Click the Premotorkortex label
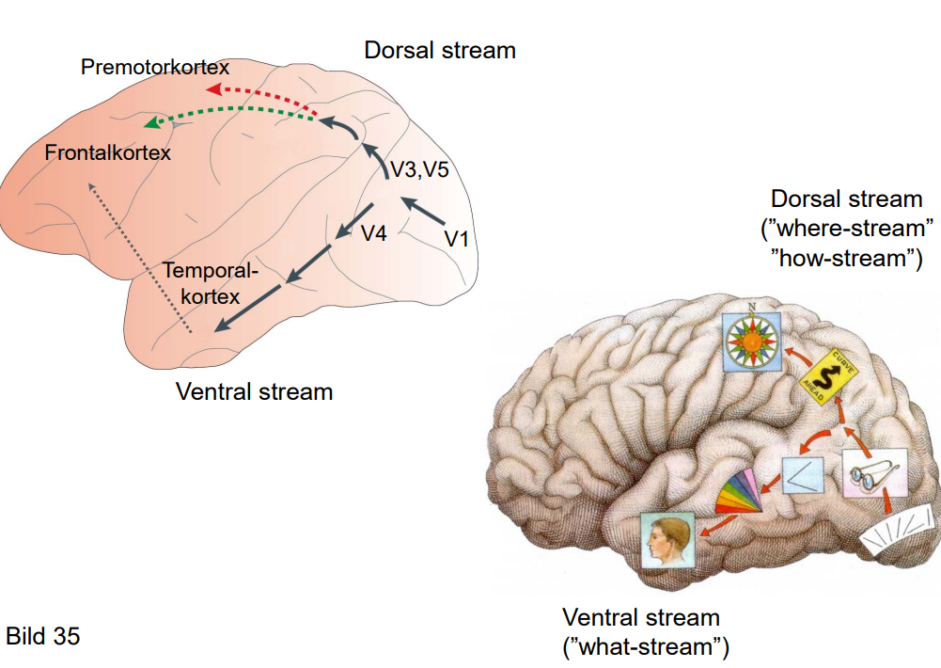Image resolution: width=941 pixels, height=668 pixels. pos(155,68)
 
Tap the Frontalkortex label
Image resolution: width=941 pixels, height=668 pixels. pos(108,152)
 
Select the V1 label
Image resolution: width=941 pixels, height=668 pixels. pos(457,239)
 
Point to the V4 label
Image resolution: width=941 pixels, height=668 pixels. pos(374,232)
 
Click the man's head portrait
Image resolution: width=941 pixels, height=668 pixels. pos(667,540)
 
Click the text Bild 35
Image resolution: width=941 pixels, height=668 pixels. pos(43,636)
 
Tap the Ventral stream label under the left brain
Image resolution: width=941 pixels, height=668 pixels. pos(254,390)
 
